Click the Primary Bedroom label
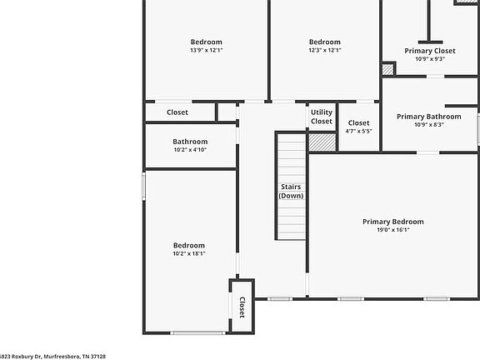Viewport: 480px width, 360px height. tap(392, 222)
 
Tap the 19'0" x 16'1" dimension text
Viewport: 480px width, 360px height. tap(392, 230)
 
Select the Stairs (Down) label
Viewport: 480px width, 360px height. tap(291, 191)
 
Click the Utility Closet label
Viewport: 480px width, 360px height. tap(322, 117)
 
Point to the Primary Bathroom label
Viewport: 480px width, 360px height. tap(428, 117)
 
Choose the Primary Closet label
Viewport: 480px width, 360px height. tap(430, 51)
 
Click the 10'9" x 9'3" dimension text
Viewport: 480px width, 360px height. tap(430, 59)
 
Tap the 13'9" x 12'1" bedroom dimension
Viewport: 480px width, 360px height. tap(207, 50)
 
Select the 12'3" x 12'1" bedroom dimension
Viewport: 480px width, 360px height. tap(325, 50)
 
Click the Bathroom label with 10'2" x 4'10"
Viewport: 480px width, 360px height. tap(190, 142)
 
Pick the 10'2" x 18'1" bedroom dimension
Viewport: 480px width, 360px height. tap(189, 254)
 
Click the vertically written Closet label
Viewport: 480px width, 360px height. tap(242, 307)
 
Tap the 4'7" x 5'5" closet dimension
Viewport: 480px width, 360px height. tap(358, 131)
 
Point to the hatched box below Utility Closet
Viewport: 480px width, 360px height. tap(321, 142)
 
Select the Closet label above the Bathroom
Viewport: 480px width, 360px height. tap(177, 112)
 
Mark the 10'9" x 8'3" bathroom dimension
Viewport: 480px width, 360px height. tap(428, 125)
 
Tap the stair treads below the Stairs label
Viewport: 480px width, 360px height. tap(291, 221)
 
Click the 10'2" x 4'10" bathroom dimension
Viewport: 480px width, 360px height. tap(190, 150)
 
